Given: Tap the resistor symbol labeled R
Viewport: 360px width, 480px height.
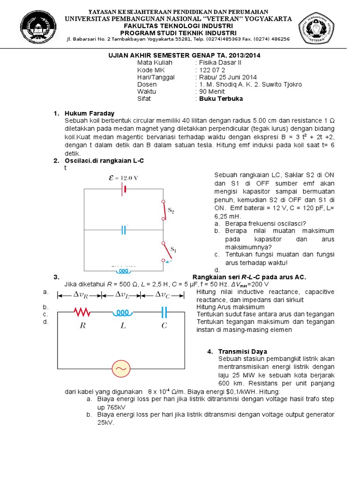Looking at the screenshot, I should (x=82, y=312).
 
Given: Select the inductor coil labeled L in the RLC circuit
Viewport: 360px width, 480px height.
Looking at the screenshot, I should (x=123, y=312).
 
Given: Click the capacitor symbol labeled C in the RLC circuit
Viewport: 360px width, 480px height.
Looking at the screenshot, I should (x=164, y=312).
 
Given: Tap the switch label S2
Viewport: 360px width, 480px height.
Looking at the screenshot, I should (x=172, y=211).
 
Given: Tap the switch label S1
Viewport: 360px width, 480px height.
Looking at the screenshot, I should (x=173, y=249).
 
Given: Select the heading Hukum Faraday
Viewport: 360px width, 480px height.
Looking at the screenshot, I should (x=90, y=113).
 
